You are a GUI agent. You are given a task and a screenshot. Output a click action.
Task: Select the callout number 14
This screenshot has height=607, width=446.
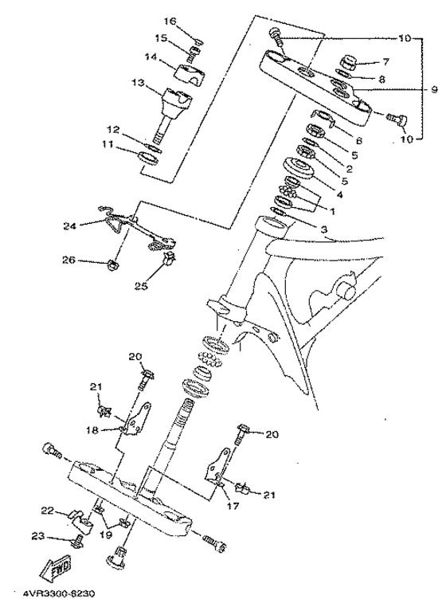point(149,57)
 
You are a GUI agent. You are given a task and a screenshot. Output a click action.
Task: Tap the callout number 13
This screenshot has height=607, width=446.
point(138,84)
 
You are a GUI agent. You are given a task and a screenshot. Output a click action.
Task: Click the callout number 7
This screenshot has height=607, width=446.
point(385,61)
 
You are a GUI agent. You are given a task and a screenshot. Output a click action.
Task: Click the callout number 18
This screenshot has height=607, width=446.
point(95,429)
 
